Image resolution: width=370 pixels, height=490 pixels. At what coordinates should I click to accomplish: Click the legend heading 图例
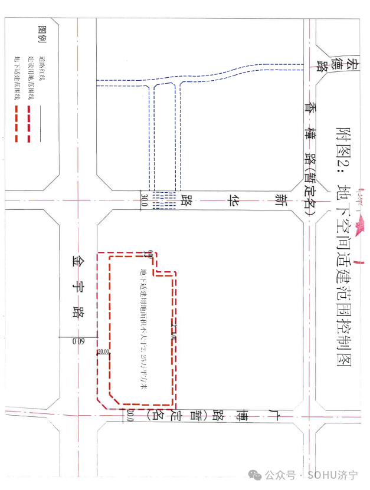pyautogui.click(x=41, y=36)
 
